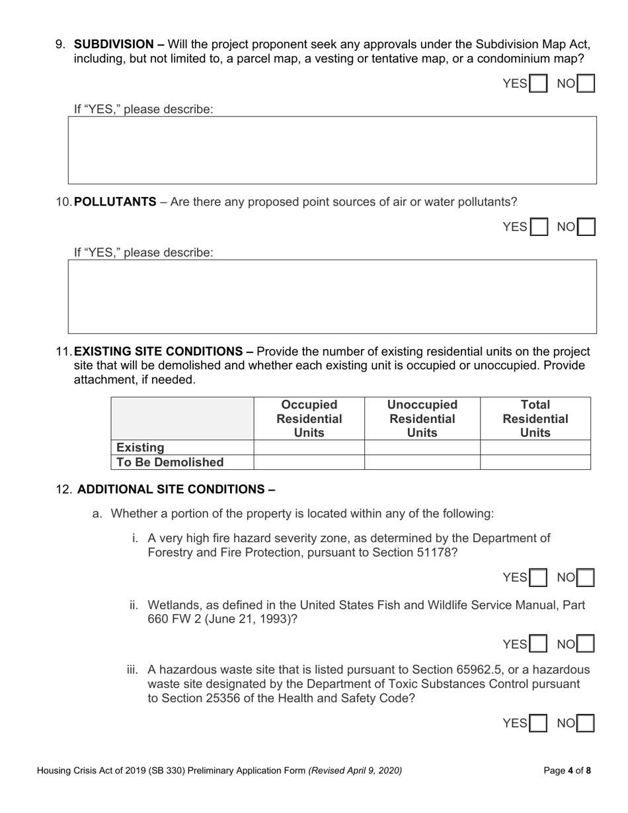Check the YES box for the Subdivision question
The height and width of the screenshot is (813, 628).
tap(539, 84)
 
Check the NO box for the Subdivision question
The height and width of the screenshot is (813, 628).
tap(586, 84)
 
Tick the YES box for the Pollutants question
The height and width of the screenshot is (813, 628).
tap(539, 227)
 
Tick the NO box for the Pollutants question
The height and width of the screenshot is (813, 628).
tap(586, 227)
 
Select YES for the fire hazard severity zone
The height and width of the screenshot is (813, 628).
tap(539, 578)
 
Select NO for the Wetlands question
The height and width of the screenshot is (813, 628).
tap(586, 644)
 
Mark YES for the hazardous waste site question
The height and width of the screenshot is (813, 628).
tap(539, 724)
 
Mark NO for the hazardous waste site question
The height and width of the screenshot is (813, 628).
tap(586, 724)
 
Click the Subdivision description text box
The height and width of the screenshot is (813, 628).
tap(332, 150)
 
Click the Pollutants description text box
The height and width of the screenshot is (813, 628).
tap(332, 296)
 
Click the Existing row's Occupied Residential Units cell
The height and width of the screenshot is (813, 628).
tap(309, 447)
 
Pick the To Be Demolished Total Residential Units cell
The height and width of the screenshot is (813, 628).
tap(535, 462)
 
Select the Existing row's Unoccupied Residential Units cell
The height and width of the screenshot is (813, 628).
tap(422, 447)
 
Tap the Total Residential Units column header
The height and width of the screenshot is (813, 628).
tap(535, 418)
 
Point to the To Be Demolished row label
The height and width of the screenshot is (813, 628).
tap(170, 462)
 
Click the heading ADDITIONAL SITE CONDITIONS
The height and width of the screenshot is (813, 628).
tap(176, 490)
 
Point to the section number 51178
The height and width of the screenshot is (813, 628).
tap(433, 553)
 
